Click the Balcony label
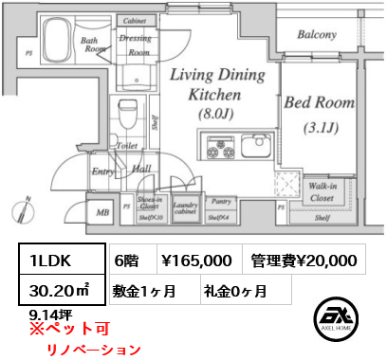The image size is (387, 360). (316, 35)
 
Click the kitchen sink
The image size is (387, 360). (253, 146)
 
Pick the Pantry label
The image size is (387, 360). (223, 202)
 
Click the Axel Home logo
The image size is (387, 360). (339, 319)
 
